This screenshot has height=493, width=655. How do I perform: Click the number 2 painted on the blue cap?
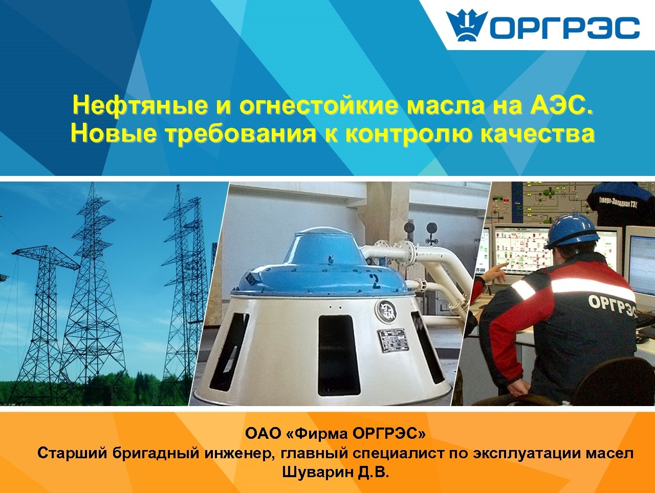point(376,280)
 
